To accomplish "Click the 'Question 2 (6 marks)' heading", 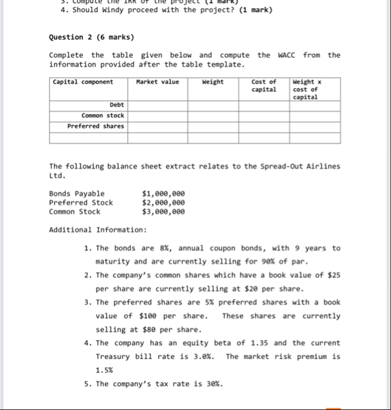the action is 91,37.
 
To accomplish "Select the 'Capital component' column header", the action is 82,82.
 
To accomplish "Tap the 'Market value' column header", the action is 157,82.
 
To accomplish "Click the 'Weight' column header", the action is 213,82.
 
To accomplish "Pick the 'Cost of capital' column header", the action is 264,86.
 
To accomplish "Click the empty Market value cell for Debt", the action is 157,105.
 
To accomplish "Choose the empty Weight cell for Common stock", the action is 213,116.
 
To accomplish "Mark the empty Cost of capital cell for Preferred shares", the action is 264,126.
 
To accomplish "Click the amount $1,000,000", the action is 163,194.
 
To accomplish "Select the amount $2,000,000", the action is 163,203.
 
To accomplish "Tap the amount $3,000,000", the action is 163,211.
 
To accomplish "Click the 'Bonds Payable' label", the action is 77,194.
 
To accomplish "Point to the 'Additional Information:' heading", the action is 97,229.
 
